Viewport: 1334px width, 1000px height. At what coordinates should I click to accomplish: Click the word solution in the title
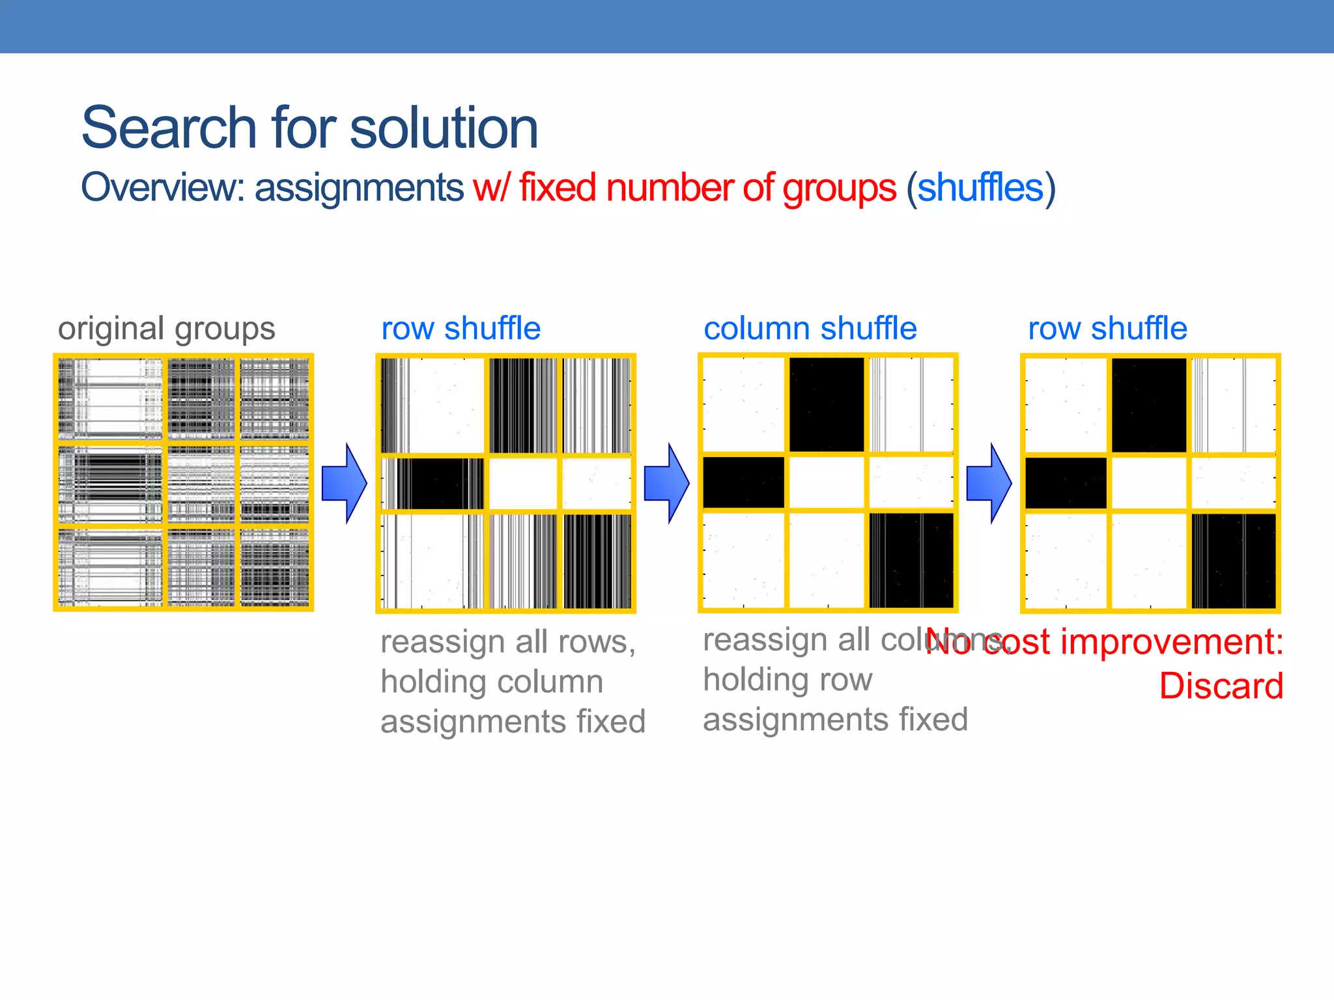tap(444, 128)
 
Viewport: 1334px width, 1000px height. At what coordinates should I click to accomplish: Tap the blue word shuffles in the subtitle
tap(980, 188)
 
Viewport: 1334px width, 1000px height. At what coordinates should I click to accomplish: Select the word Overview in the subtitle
tap(159, 188)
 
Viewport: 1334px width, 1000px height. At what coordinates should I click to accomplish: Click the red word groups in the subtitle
tap(840, 189)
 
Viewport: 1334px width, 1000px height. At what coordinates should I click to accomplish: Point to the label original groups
tap(167, 329)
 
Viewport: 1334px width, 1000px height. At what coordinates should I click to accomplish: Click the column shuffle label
tap(810, 329)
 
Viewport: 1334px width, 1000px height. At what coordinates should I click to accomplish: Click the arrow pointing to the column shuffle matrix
tap(666, 483)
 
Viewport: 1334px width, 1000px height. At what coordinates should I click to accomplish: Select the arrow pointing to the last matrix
tap(989, 483)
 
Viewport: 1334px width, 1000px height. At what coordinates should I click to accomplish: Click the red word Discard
tap(1221, 686)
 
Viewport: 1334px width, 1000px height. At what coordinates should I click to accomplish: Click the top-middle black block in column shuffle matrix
tap(827, 404)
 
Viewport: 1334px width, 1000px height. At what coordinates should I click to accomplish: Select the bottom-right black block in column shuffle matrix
tap(911, 560)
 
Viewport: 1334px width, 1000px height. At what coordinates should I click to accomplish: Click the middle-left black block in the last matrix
tap(1066, 483)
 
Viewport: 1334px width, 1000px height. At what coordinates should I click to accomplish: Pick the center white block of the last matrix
tap(1149, 483)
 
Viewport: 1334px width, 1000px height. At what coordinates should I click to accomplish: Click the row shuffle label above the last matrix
tap(1107, 329)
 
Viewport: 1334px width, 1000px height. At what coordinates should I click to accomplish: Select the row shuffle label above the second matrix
tap(461, 329)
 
